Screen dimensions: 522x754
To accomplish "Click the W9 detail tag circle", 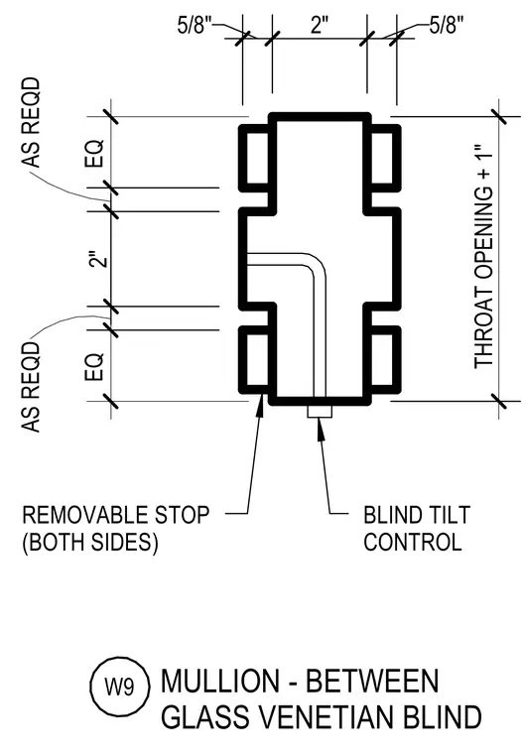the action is click(119, 687).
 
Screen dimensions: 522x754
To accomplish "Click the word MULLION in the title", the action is click(220, 681).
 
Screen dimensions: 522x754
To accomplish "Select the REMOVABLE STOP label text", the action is click(116, 515).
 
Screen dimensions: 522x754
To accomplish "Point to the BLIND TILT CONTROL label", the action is click(417, 529).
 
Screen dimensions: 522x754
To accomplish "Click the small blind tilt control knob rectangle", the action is click(320, 411).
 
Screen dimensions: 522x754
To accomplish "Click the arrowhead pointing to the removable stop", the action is click(260, 405).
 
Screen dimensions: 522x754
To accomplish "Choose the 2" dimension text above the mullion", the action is click(319, 24).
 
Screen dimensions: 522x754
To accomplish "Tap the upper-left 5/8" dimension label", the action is click(195, 25).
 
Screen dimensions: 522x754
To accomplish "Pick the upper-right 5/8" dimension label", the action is click(447, 25).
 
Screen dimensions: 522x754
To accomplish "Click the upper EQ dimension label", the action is click(95, 154).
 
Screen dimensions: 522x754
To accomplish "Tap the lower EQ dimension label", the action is click(95, 367).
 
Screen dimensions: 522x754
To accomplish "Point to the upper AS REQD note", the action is click(32, 122).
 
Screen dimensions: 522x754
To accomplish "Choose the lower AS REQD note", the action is click(32, 387).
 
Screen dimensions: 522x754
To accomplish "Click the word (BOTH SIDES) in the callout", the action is click(90, 542).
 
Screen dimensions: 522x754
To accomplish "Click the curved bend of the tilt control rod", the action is click(316, 265).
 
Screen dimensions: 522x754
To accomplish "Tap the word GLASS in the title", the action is click(208, 717).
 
